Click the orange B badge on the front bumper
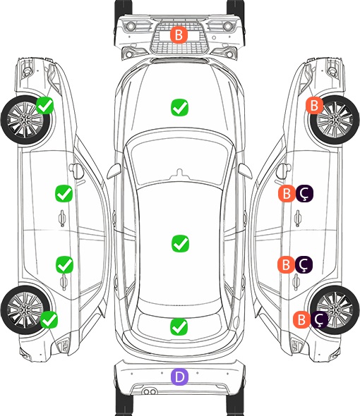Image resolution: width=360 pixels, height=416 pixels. point(179,35)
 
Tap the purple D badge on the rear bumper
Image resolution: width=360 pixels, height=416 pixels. point(179,377)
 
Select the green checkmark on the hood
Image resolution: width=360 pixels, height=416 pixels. point(179,107)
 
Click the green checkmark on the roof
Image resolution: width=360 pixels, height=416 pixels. point(180,243)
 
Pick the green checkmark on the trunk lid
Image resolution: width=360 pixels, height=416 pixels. point(179,326)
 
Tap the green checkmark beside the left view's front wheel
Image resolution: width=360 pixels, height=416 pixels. point(45,105)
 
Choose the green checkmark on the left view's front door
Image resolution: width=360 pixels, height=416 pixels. point(64,193)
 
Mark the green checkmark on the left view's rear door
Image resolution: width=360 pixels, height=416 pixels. point(64,264)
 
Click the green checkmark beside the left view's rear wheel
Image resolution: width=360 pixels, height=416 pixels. point(49,319)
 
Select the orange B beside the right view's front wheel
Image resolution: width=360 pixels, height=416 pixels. point(314,105)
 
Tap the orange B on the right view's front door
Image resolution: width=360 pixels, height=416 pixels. point(287,193)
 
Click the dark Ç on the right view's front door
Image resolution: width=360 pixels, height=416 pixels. point(304,193)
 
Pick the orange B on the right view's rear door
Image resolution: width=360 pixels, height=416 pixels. point(286,264)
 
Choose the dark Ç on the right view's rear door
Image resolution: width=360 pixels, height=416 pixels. point(304,264)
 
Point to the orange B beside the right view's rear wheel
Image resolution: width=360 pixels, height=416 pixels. point(302,319)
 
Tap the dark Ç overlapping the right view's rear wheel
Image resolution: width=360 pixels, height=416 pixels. point(319,319)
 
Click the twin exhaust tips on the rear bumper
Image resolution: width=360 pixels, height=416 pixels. point(150,391)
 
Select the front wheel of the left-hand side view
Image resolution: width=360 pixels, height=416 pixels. point(25,120)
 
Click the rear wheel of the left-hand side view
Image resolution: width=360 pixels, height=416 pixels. point(25,310)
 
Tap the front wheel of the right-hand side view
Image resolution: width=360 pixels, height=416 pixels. point(335,120)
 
